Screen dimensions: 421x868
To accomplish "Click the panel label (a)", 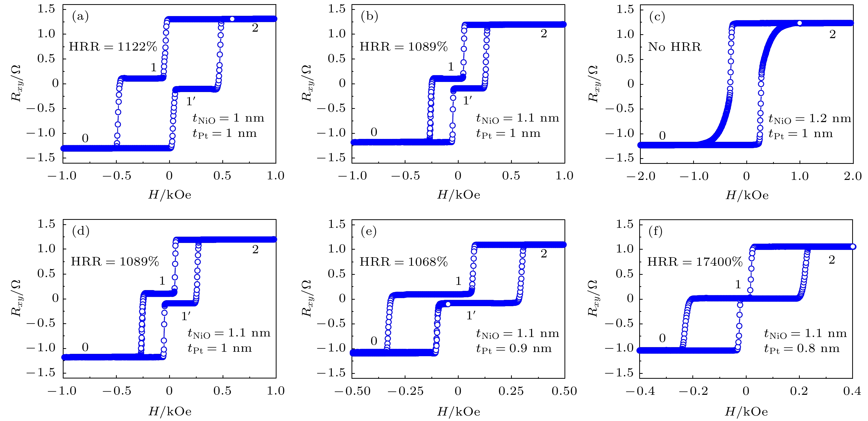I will point(80,16).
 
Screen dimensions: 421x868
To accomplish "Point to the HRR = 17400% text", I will point(695,262).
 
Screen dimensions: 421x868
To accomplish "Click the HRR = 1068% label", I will point(403,262).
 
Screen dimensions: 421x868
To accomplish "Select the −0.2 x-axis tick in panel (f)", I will point(693,391).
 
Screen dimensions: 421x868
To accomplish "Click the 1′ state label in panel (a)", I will point(191,101).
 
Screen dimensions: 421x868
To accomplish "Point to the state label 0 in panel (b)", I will point(374,132).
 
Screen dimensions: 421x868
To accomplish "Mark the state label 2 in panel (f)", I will point(832,260).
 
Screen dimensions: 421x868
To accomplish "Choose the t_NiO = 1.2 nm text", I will point(809,118).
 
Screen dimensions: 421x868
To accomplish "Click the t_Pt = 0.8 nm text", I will point(802,349).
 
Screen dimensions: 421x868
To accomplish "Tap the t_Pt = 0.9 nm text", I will point(514,349).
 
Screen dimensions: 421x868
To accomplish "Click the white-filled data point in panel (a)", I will point(232,19).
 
